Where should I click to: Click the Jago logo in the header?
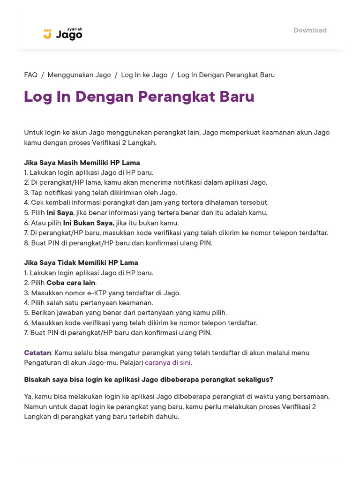point(63,34)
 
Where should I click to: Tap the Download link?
point(310,30)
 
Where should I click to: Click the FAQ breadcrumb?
point(30,75)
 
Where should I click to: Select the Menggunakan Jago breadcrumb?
point(79,75)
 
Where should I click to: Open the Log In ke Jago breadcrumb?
point(144,75)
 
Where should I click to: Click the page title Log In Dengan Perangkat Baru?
point(139,97)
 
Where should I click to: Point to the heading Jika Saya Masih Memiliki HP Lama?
point(82,163)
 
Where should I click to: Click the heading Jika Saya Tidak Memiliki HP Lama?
point(81,262)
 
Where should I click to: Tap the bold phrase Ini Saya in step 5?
point(60,213)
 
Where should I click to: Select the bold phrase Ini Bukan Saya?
point(89,223)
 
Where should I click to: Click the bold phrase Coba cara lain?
point(71,283)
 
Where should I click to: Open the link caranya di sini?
point(168,362)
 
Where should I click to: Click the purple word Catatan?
point(37,352)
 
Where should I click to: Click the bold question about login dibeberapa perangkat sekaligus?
point(149,379)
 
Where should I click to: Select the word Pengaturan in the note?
point(43,362)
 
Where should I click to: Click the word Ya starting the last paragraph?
point(28,397)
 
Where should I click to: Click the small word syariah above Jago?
point(75,29)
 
